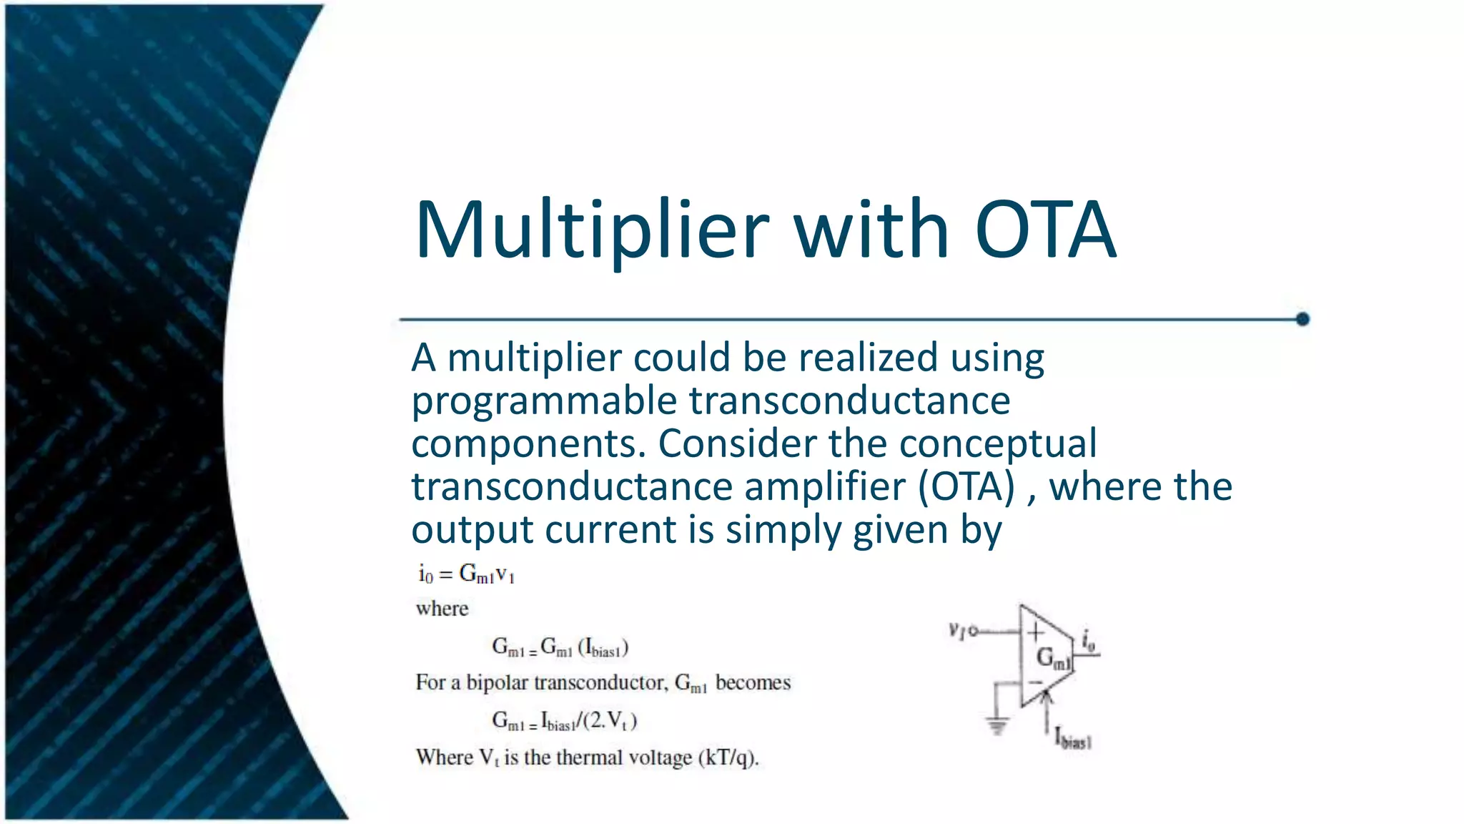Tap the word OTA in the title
tap(1045, 230)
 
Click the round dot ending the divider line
tap(1302, 319)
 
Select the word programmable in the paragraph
tap(543, 401)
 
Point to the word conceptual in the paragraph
tap(998, 443)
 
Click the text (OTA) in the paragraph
tap(966, 487)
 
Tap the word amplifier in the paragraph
tap(825, 487)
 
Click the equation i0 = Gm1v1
tap(466, 574)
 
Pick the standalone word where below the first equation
tap(442, 609)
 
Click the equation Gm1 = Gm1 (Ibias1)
tap(560, 648)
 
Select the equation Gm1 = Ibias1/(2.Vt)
tap(564, 720)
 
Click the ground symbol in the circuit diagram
tap(996, 725)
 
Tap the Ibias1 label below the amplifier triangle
tap(1072, 737)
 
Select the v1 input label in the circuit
tap(957, 630)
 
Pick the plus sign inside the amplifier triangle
tap(1035, 632)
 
